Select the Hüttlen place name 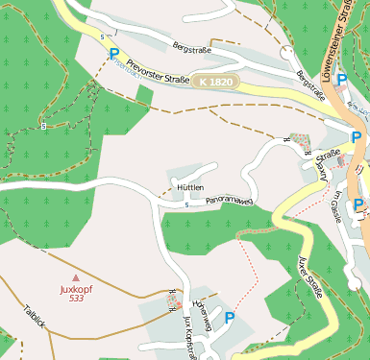pos(189,187)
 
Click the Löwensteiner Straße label pos(342,43)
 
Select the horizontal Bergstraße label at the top pos(190,45)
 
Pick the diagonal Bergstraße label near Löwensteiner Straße pos(312,87)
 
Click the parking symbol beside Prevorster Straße pos(114,56)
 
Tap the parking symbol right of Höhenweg pos(230,316)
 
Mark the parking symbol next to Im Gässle pos(358,204)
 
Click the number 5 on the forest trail pos(44,126)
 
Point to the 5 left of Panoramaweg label pos(185,204)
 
